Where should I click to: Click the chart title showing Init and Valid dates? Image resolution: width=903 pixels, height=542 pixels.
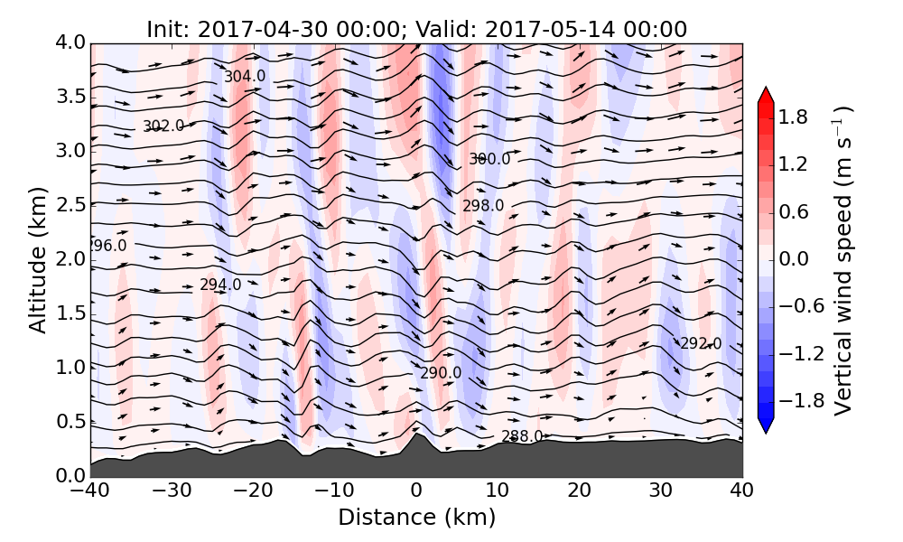[x=416, y=28]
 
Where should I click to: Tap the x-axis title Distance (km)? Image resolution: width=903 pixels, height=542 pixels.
[x=416, y=518]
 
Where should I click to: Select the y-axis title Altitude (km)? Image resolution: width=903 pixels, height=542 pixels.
[x=37, y=259]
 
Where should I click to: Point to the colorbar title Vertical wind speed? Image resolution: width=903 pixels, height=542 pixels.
[x=842, y=260]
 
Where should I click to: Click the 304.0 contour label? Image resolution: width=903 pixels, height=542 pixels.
[x=245, y=77]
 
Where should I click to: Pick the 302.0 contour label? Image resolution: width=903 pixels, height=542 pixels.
[x=163, y=126]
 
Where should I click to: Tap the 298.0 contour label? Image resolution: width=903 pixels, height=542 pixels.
[x=483, y=206]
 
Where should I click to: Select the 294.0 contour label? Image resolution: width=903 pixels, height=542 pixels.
[x=220, y=285]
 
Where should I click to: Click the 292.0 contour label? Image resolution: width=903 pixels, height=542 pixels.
[x=701, y=344]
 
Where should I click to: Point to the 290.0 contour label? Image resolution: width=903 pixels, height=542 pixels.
[x=441, y=373]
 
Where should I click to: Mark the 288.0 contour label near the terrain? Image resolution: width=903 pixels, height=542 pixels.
[x=522, y=437]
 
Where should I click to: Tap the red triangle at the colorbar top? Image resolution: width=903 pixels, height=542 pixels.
[x=766, y=93]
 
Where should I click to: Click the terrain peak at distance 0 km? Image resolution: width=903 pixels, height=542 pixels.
[x=416, y=435]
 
